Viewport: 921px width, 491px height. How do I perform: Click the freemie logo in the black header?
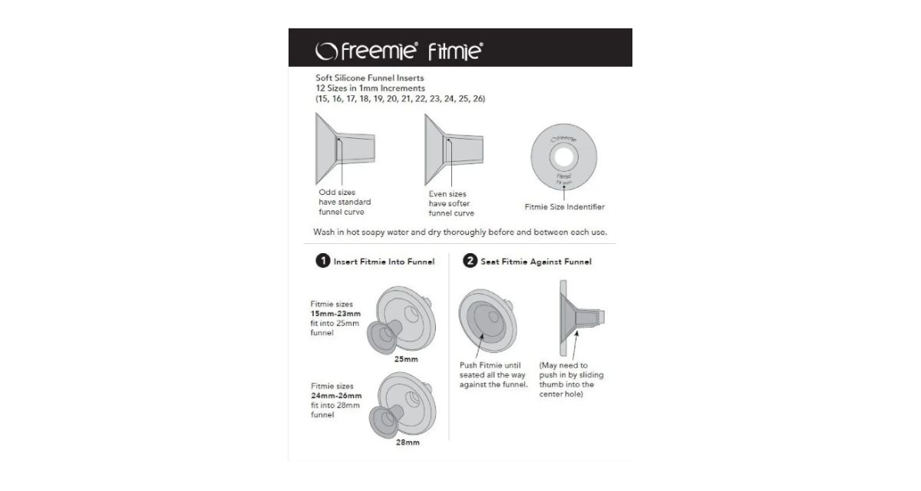[366, 51]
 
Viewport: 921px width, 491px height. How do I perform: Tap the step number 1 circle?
[323, 261]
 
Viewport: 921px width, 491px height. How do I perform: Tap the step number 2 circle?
[470, 261]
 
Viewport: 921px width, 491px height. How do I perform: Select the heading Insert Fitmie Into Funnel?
[384, 262]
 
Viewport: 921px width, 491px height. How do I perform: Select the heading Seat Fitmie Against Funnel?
[536, 262]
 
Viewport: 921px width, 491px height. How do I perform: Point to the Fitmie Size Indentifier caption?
[564, 207]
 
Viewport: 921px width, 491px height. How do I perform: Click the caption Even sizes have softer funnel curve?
[451, 204]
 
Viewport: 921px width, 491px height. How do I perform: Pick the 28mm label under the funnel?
[408, 443]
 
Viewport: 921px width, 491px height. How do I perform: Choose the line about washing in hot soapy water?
[460, 232]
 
